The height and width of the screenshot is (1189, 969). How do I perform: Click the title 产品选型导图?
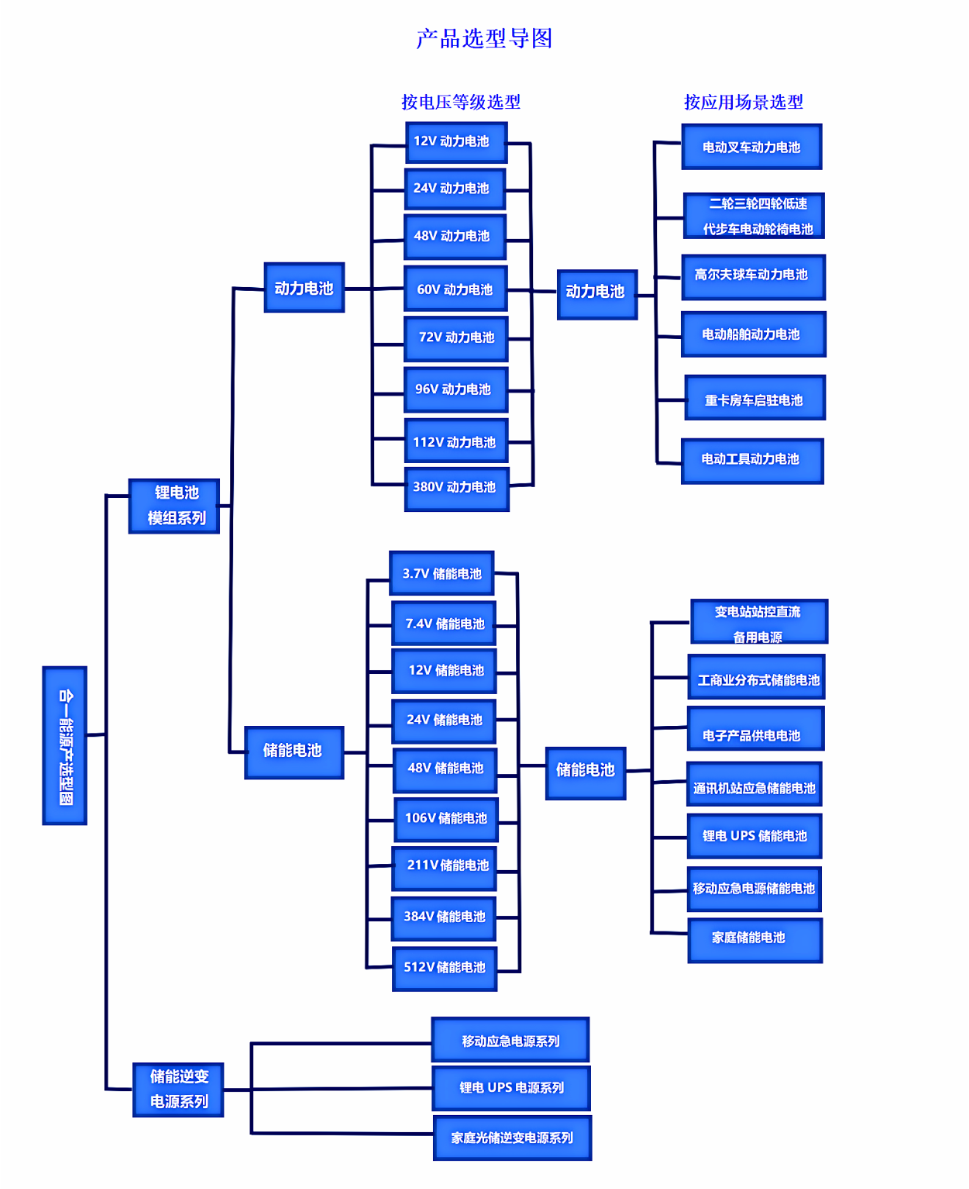(484, 38)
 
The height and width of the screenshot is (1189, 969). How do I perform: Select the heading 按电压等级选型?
(460, 102)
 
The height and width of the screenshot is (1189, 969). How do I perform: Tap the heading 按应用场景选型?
(743, 102)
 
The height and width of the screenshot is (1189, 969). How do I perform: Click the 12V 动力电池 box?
(456, 142)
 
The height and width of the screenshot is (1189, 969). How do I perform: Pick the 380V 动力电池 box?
(456, 488)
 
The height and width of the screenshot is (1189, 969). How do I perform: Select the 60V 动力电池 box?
(455, 289)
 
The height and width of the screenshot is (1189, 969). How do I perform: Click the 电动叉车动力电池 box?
(752, 147)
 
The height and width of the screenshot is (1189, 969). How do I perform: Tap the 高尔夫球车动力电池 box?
(753, 277)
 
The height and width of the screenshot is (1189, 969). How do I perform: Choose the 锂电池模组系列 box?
(174, 505)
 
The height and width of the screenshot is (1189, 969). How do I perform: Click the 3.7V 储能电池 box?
(441, 573)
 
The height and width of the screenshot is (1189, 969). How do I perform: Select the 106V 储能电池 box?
(446, 819)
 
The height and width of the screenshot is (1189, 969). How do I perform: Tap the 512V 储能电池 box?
(445, 968)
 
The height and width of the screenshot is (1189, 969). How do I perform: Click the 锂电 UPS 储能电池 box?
(754, 835)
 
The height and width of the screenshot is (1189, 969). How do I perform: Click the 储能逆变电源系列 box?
(178, 1089)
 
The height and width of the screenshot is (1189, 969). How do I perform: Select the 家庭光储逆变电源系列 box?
(512, 1137)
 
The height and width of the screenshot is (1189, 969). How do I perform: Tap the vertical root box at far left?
(65, 745)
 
